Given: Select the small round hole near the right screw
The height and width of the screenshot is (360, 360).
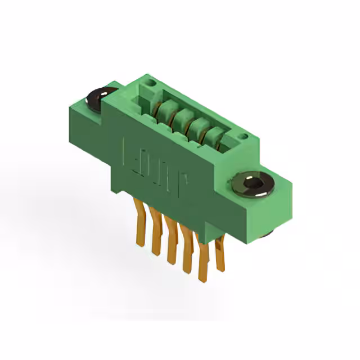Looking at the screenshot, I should coord(243,137).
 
